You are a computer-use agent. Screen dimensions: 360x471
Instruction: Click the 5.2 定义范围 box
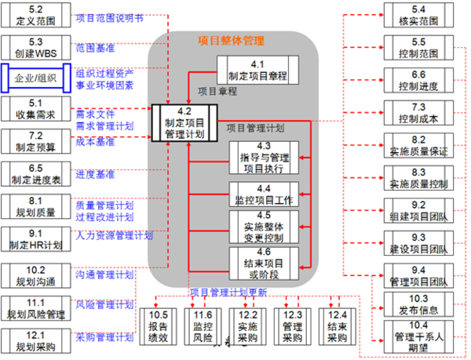(x=31, y=16)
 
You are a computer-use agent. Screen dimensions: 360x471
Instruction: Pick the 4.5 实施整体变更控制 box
(x=263, y=227)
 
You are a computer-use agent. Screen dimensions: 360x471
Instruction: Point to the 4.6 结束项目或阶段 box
(x=263, y=262)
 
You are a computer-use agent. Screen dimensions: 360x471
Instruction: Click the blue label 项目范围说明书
(x=109, y=16)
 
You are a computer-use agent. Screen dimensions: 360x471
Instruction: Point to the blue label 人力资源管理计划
(x=115, y=234)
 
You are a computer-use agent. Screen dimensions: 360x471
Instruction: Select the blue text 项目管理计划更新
(x=228, y=293)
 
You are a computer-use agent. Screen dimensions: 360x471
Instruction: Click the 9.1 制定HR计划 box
(x=31, y=238)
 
